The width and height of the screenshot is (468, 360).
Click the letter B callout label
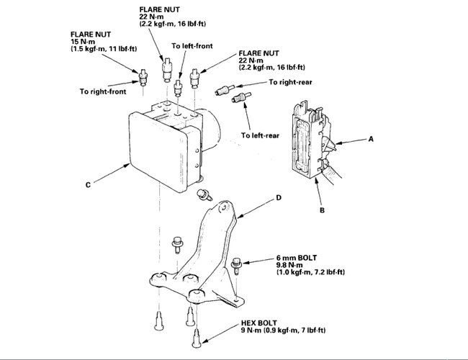tap(322, 211)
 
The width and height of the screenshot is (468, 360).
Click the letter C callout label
tap(87, 185)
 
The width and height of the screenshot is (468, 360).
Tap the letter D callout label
tap(278, 197)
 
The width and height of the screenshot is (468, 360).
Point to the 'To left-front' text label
tap(192, 45)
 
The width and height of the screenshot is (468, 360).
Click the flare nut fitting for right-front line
tap(144, 76)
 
